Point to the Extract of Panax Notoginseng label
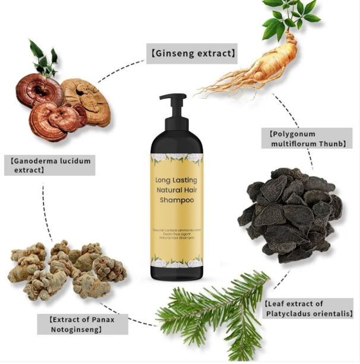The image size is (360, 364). pyautogui.click(x=81, y=324)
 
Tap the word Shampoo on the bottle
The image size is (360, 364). pyautogui.click(x=177, y=200)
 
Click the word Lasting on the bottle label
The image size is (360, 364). pyautogui.click(x=187, y=180)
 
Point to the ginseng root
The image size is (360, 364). pyautogui.click(x=261, y=65)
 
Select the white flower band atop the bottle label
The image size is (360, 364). pyautogui.click(x=176, y=159)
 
